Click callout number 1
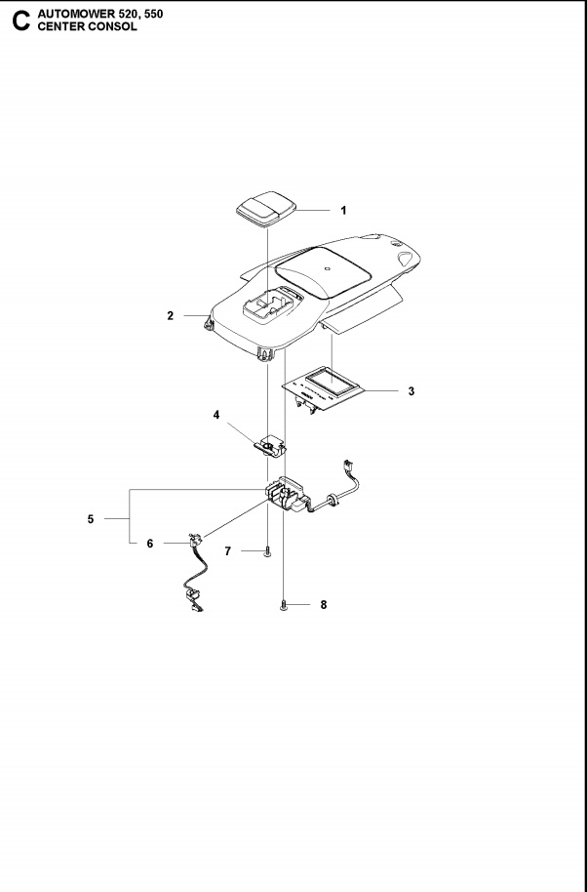tap(343, 211)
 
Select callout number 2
tap(170, 316)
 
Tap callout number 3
tap(411, 391)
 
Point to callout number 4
tap(215, 415)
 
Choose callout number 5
tap(91, 519)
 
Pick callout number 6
tap(150, 544)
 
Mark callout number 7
tap(228, 551)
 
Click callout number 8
tap(324, 605)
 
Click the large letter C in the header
tap(21, 21)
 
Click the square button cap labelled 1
tap(266, 209)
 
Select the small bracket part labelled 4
tap(270, 445)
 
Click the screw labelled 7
tap(267, 551)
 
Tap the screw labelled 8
tap(284, 606)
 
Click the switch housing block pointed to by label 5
tap(288, 493)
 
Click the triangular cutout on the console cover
tap(405, 259)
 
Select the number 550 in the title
tap(153, 14)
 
